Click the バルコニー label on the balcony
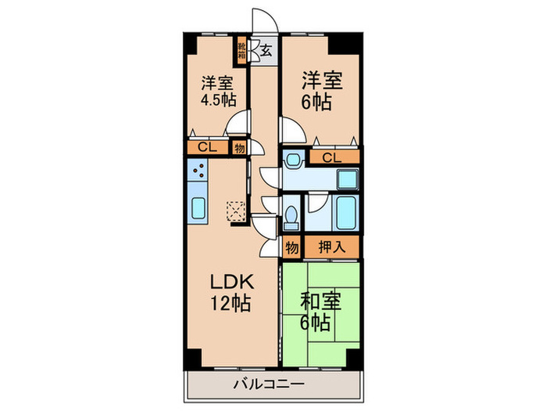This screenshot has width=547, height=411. click(x=269, y=384)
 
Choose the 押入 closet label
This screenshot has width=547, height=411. click(x=331, y=247)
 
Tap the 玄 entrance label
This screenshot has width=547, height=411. click(x=266, y=52)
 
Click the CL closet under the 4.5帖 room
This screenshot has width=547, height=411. click(x=207, y=146)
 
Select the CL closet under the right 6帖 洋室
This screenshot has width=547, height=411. click(x=333, y=158)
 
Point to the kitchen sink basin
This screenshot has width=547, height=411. click(x=197, y=209)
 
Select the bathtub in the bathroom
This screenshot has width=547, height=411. click(x=345, y=211)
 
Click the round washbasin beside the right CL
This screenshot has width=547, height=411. click(x=292, y=161)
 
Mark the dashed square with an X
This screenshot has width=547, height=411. click(x=234, y=210)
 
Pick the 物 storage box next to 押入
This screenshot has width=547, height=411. click(x=291, y=247)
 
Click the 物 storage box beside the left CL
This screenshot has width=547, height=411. click(x=238, y=146)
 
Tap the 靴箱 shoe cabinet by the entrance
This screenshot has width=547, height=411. click(x=242, y=52)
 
